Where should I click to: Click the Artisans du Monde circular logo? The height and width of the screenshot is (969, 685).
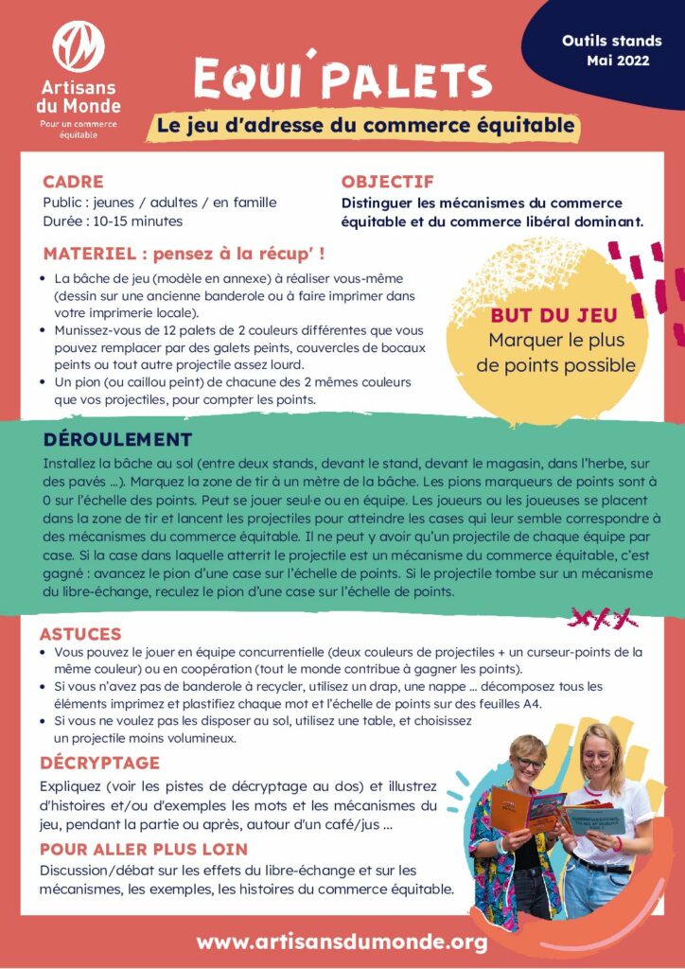point(79,45)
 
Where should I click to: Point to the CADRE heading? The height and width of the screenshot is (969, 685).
point(73,182)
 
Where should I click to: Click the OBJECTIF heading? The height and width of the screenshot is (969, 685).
point(387,182)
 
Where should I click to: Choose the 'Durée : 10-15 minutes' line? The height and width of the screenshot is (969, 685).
point(113,221)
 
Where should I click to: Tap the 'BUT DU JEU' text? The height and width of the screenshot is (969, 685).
point(553,316)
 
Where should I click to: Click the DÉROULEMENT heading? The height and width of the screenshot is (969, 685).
point(117,439)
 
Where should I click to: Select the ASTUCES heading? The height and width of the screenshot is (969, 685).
point(80,634)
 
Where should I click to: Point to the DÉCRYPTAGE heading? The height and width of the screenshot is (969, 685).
point(99,763)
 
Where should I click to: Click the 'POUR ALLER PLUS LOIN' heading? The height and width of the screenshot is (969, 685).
point(144,849)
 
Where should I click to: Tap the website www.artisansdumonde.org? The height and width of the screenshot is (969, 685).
point(342,942)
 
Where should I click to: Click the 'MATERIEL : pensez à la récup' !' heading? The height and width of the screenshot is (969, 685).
point(185,254)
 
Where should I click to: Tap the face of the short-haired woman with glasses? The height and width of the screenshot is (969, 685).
point(528,764)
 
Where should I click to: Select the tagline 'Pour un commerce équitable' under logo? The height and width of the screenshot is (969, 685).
point(79,130)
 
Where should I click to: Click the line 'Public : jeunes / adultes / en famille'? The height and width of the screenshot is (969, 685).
point(159,203)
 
